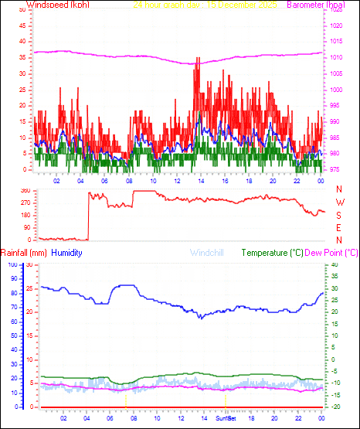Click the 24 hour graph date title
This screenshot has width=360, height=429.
(x=205, y=5)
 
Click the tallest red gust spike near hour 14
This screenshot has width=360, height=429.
(x=199, y=59)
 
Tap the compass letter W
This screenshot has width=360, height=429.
(x=340, y=202)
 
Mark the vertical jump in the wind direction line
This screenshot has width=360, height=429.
(x=88, y=216)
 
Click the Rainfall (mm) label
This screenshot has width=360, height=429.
(x=23, y=253)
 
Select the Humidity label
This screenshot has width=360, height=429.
(x=66, y=253)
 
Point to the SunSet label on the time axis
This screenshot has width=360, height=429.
(x=227, y=418)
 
